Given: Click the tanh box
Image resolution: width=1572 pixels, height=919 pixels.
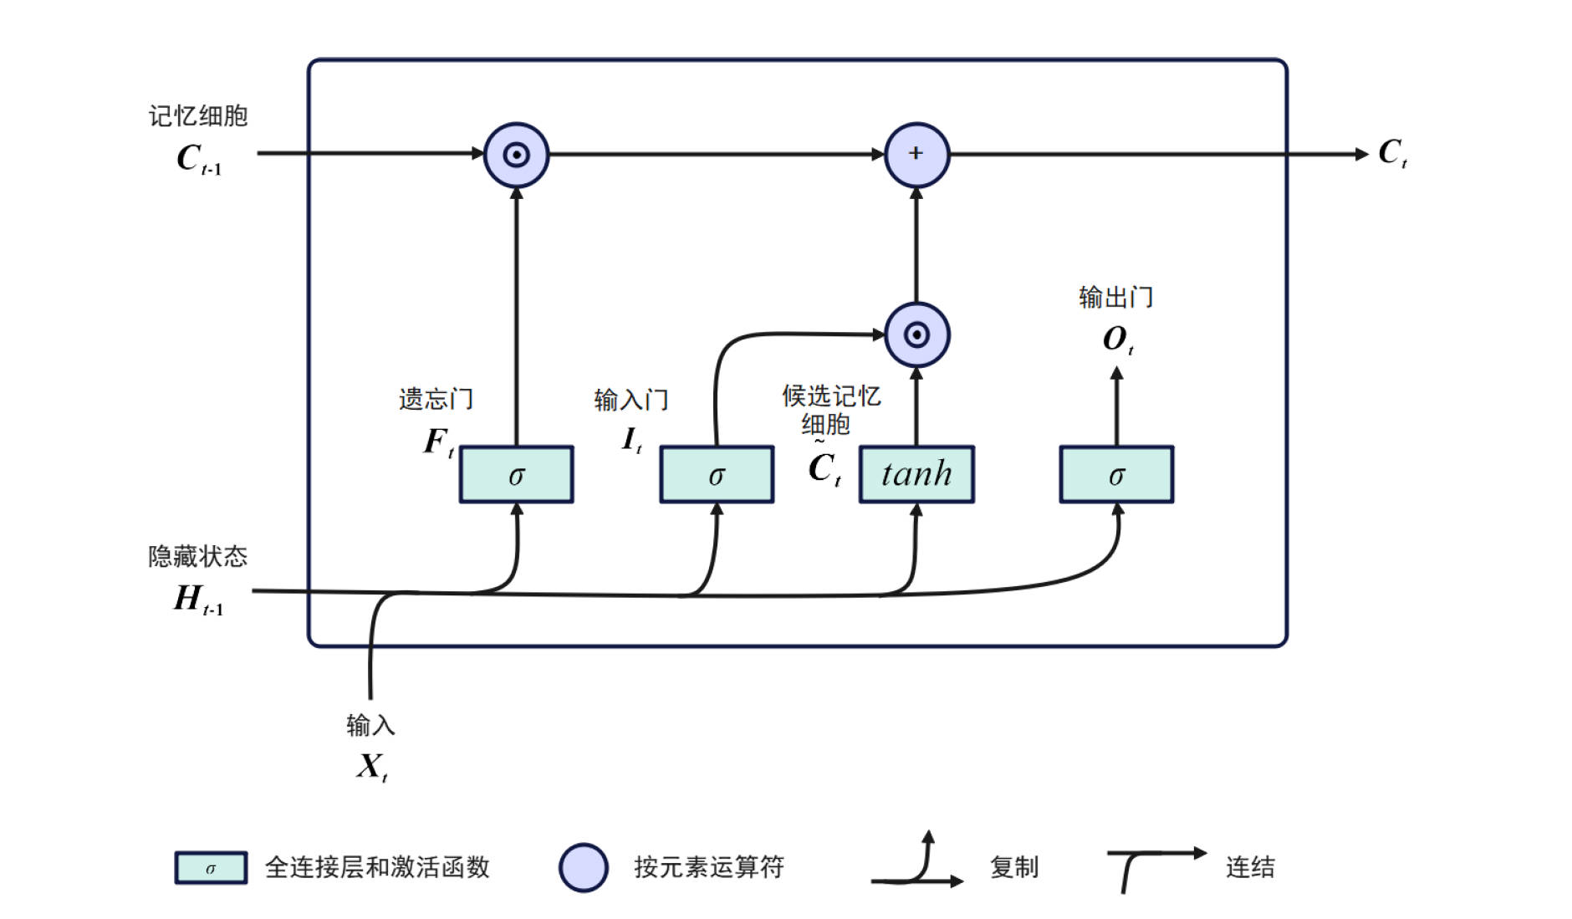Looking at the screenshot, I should click(x=916, y=474).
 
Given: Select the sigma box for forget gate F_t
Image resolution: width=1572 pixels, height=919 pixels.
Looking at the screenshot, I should click(x=517, y=474).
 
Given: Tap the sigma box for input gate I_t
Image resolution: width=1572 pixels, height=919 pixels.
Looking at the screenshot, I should click(x=717, y=474).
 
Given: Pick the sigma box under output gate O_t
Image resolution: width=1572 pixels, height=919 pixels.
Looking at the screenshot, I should click(x=1116, y=474).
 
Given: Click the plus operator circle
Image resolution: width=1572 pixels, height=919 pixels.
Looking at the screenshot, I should click(x=916, y=155).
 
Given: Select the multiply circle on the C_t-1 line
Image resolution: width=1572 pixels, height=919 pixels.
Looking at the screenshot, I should click(x=517, y=155).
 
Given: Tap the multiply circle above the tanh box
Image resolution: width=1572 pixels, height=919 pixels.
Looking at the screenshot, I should click(x=916, y=335).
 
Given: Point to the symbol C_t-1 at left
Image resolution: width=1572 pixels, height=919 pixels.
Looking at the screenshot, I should click(x=198, y=158).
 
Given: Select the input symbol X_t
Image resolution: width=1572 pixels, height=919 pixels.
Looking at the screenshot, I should click(x=371, y=766).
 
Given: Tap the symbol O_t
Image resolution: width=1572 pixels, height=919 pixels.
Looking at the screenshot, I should click(x=1117, y=339).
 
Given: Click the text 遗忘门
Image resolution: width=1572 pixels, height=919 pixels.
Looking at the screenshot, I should click(x=436, y=399).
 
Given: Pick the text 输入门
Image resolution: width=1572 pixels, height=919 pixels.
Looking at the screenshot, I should click(x=631, y=400).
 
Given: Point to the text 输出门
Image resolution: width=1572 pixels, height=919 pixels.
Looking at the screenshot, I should click(x=1115, y=297).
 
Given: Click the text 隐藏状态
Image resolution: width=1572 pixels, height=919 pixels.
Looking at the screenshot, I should click(x=198, y=556).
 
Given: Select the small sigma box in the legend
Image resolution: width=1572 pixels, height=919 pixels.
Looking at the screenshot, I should click(x=211, y=868).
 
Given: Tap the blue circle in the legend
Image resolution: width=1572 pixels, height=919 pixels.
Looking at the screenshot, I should click(x=583, y=867).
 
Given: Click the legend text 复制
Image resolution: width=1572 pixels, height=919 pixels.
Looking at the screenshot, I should click(x=1014, y=867).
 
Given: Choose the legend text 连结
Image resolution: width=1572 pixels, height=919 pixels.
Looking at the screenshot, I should click(x=1250, y=867).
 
